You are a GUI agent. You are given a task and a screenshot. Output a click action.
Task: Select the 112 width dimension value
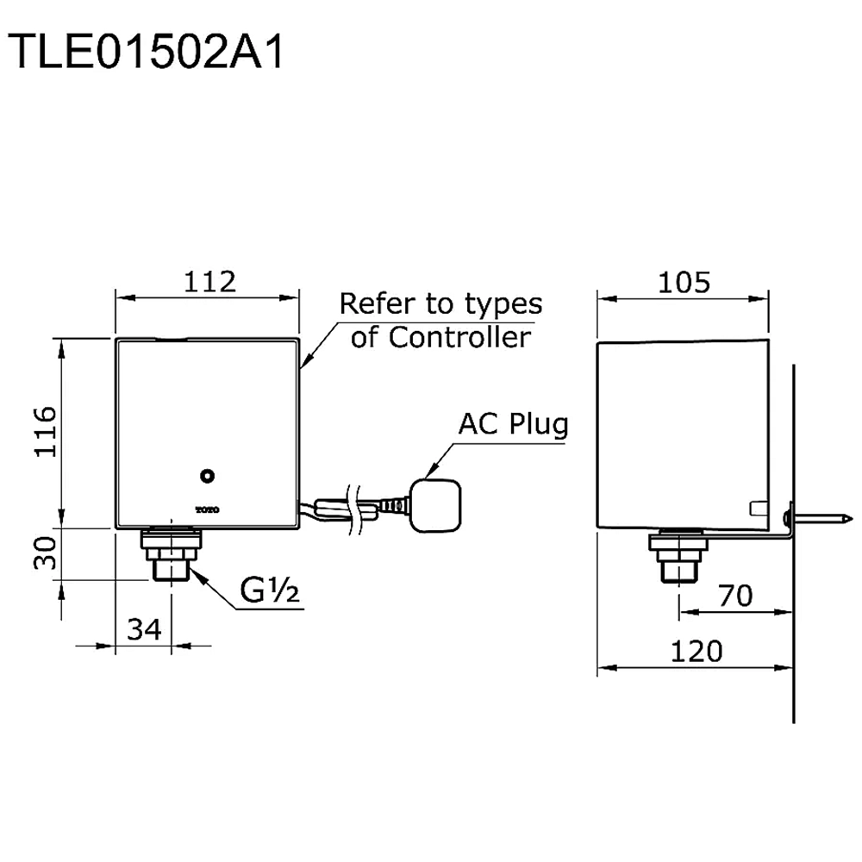click(210, 281)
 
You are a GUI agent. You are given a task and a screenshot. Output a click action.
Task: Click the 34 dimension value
click(145, 629)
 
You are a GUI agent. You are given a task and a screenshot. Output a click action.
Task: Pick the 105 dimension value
click(685, 281)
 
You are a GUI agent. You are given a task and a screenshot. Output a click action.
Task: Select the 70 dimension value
click(734, 595)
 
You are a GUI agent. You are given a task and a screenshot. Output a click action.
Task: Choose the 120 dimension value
click(696, 651)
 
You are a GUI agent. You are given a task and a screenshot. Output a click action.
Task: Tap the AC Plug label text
click(513, 424)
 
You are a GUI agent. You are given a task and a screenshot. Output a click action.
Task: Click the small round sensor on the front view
click(207, 474)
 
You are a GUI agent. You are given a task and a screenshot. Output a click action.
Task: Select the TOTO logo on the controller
click(207, 509)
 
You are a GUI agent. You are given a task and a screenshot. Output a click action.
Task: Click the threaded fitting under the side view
click(678, 556)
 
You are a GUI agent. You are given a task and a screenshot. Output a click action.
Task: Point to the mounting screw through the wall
click(819, 519)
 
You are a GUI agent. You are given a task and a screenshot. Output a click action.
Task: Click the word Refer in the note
click(373, 303)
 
